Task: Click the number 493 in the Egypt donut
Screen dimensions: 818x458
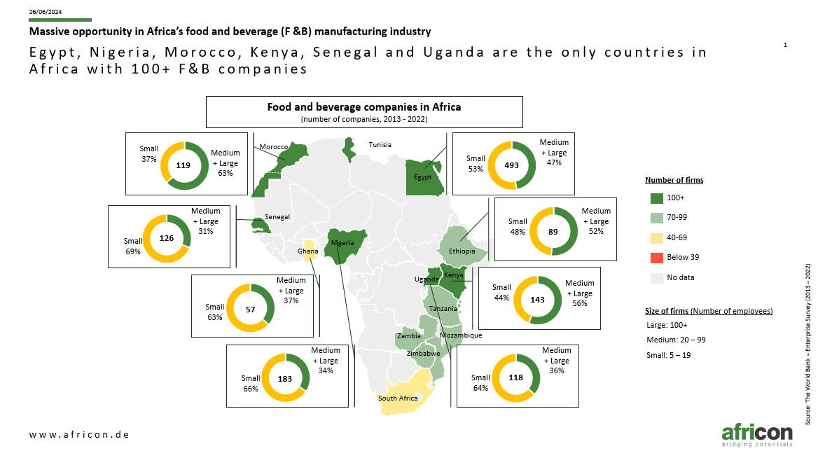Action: point(511,165)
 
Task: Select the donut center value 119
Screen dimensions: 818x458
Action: point(183,165)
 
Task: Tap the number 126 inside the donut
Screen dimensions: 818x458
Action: point(167,238)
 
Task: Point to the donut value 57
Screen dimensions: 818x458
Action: point(251,310)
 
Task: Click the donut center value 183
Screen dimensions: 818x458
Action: point(285,379)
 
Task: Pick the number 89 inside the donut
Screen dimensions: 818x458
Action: point(553,232)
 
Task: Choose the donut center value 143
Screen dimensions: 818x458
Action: point(537,300)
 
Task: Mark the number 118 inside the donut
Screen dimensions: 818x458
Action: point(515,377)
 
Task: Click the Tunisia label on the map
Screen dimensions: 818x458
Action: point(380,145)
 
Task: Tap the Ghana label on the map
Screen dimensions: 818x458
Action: point(307,251)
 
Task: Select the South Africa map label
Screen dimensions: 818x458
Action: point(398,398)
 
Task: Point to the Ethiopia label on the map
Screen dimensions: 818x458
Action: point(462,251)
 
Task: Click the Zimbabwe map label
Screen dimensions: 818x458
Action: point(424,354)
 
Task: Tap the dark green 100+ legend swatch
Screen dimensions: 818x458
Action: point(657,198)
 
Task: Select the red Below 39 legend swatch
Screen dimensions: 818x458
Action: point(657,258)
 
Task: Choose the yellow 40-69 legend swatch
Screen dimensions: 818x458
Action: point(657,238)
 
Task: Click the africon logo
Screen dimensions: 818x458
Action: point(757,435)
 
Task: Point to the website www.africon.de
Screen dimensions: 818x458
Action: point(79,434)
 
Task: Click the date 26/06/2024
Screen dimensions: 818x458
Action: point(46,11)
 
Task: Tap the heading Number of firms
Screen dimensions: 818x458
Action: point(674,180)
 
